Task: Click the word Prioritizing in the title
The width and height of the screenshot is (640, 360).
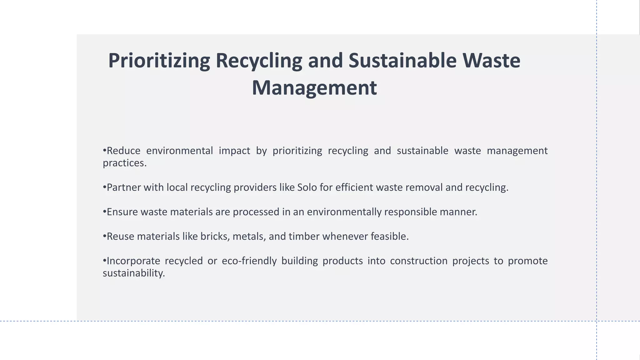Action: [159, 61]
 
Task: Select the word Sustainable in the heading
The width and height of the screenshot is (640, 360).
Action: [402, 61]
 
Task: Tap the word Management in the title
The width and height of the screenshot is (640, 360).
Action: [314, 88]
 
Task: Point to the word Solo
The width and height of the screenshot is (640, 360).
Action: [307, 187]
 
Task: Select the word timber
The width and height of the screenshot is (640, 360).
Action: [304, 237]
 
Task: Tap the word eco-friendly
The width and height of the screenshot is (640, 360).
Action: [249, 261]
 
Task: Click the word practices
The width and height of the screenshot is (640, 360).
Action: [124, 163]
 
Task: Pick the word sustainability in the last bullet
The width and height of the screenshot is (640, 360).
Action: [133, 273]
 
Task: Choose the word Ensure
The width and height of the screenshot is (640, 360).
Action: [122, 212]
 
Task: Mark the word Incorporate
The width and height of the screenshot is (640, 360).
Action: [133, 261]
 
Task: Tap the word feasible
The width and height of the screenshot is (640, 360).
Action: [389, 237]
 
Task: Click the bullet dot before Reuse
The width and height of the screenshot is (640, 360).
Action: [105, 237]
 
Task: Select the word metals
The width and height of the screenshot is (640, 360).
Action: [249, 237]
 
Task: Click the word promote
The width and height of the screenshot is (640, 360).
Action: [527, 261]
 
